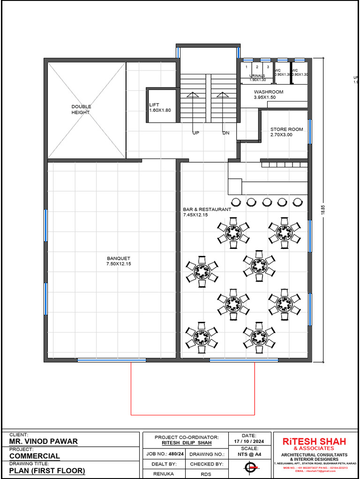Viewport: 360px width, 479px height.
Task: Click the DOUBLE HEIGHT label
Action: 81,109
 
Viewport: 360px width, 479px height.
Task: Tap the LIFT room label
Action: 159,107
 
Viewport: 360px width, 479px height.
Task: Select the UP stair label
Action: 196,133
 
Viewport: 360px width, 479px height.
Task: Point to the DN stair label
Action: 226,133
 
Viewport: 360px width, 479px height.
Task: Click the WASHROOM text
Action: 269,94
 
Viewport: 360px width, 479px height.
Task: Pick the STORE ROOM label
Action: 286,132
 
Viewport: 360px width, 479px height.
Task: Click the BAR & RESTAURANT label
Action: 207,212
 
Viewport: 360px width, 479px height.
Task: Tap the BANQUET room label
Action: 119,261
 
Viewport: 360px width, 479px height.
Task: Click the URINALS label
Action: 257,77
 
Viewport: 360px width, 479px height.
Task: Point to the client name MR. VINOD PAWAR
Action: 44,441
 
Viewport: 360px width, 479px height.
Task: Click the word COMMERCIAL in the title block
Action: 35,456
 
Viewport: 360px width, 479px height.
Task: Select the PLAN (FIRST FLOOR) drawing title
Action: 47,471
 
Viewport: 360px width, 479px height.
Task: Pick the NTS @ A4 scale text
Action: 249,454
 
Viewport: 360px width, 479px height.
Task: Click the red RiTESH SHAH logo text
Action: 314,442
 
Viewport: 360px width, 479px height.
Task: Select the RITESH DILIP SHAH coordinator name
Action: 187,443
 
